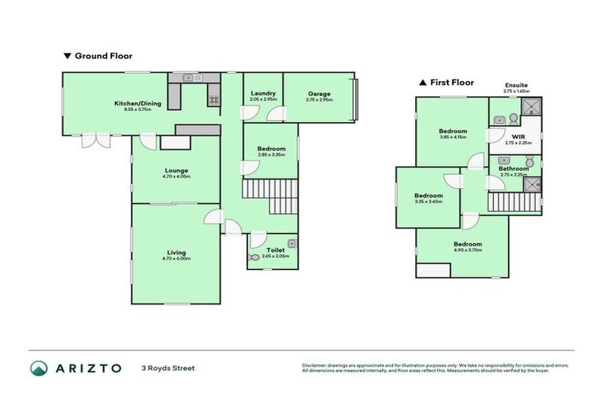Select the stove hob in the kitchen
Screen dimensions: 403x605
point(213,100)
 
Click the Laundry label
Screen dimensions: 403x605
point(263,94)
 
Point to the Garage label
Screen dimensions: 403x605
point(319,94)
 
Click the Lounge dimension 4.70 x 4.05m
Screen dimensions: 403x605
point(176,176)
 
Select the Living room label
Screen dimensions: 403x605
point(176,252)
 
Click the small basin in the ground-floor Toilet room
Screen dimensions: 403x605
point(291,242)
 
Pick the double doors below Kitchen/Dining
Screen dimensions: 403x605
point(98,140)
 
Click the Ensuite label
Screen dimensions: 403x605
point(517,85)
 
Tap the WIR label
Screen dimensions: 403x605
point(518,136)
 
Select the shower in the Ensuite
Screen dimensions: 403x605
point(532,108)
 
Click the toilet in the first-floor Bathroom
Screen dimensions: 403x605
point(530,163)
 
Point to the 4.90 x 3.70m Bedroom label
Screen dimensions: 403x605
point(467,244)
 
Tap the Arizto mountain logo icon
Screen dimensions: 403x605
point(39,368)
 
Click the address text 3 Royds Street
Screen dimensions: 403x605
point(168,368)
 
